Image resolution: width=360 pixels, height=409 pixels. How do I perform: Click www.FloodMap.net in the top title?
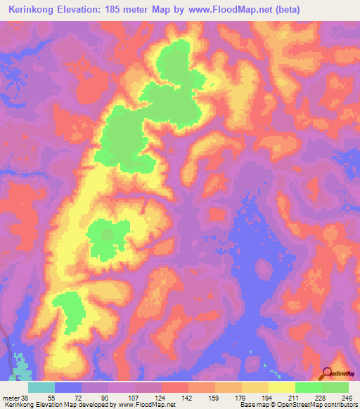coord(232,10)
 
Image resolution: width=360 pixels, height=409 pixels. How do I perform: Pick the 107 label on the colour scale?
coord(123,398)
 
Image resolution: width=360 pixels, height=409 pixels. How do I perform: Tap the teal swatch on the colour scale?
coord(41,387)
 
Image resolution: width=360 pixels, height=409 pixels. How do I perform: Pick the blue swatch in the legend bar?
coord(68,387)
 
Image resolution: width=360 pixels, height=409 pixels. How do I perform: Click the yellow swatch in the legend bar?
coord(281,387)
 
